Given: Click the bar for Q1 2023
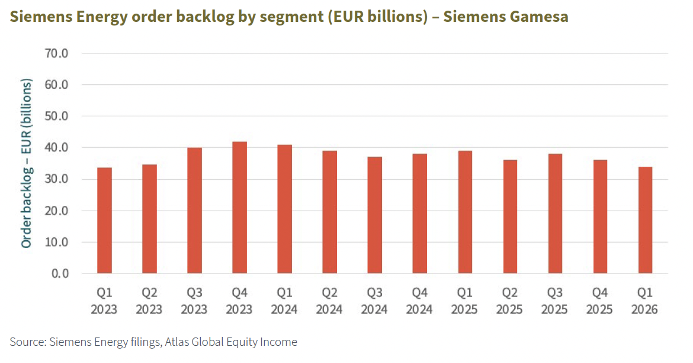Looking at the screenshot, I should pyautogui.click(x=104, y=221).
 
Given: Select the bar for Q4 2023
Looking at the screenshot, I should pyautogui.click(x=239, y=208).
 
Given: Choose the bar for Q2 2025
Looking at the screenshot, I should pyautogui.click(x=510, y=216).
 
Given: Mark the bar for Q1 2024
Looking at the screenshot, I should pyautogui.click(x=284, y=209).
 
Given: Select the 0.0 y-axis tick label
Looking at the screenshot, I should pyautogui.click(x=60, y=273).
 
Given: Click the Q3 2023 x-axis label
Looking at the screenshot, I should pyautogui.click(x=194, y=301).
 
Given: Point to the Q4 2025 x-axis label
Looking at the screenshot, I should pyautogui.click(x=600, y=301).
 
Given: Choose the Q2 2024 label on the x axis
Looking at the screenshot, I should pyautogui.click(x=329, y=301).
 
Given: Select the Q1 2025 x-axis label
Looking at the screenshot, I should pyautogui.click(x=465, y=301).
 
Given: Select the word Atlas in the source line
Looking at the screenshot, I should pyautogui.click(x=178, y=342).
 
